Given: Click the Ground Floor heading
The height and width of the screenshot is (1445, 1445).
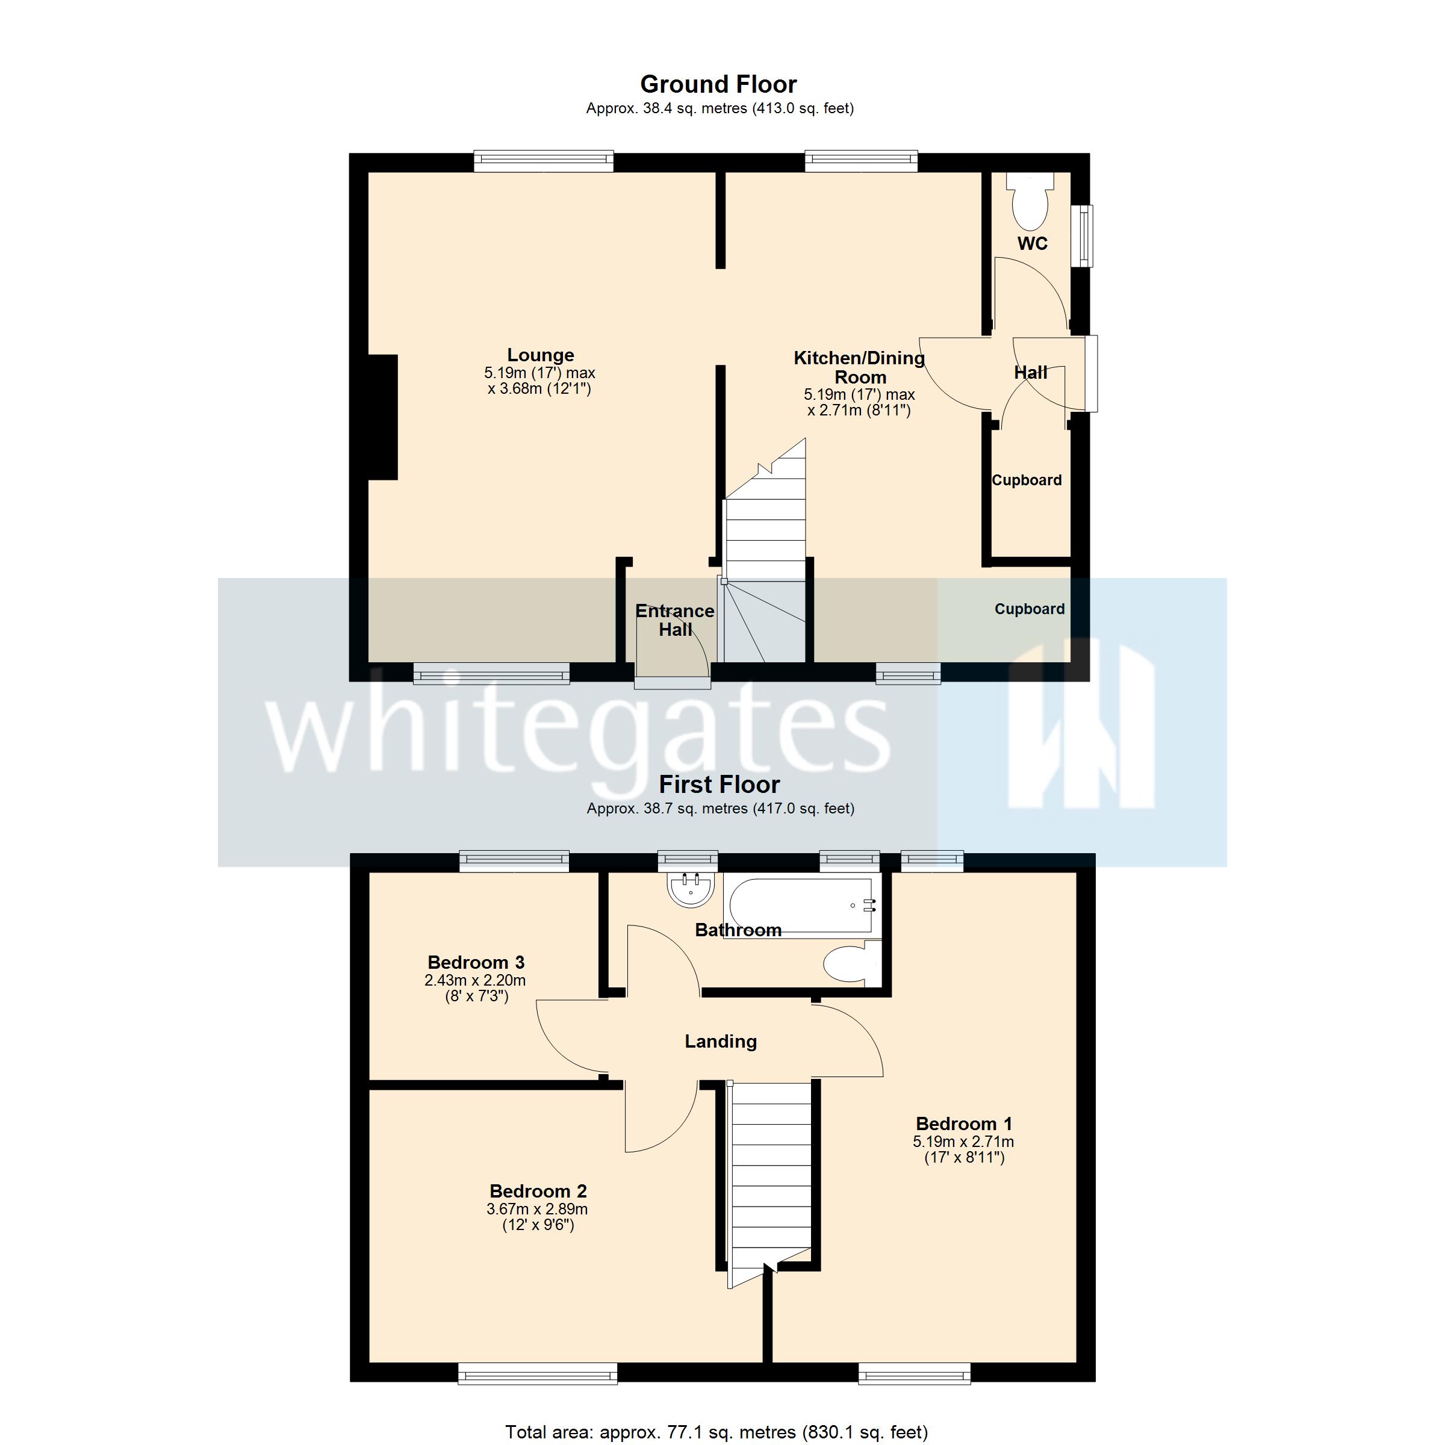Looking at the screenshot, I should (x=718, y=84).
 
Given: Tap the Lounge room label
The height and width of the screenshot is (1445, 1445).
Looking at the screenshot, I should (x=540, y=355).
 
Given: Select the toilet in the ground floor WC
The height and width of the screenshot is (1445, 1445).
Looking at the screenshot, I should (x=1031, y=204).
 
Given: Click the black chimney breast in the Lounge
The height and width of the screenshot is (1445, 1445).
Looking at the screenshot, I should (x=382, y=417).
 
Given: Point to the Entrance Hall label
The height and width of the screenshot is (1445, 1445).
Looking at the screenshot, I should (x=674, y=620).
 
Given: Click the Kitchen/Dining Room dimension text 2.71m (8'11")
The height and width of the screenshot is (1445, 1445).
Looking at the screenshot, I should (x=859, y=411).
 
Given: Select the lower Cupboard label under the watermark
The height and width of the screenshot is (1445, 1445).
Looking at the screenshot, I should (x=1029, y=609).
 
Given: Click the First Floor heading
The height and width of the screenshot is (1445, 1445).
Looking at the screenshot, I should (x=719, y=784).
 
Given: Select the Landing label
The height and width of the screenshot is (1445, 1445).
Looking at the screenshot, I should (x=720, y=1041).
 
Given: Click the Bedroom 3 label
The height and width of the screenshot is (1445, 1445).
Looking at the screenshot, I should (x=476, y=962).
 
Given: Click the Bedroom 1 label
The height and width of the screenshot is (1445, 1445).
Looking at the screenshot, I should (x=963, y=1123).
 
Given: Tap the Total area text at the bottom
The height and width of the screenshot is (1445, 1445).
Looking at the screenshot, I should (x=716, y=1432).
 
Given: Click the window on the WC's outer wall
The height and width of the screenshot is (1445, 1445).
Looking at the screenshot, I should (x=1081, y=235).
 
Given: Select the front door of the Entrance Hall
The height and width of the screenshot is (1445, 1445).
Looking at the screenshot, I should (x=672, y=682).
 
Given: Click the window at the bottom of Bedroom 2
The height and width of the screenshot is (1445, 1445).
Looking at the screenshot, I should (x=537, y=1373).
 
